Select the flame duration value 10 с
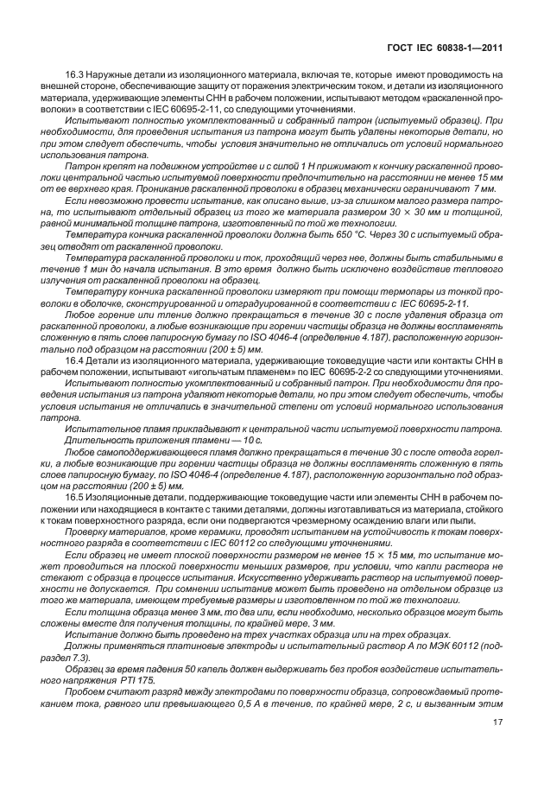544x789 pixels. click(x=250, y=441)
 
